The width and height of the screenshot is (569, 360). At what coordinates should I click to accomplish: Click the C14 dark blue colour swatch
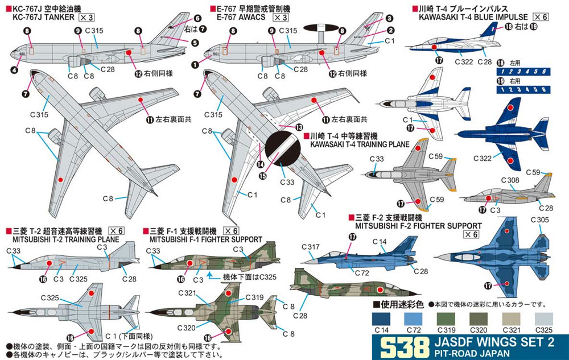click(381, 320)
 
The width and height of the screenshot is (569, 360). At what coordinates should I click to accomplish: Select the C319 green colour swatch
click(446, 320)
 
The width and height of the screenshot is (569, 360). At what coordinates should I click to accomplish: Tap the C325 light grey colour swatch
click(544, 320)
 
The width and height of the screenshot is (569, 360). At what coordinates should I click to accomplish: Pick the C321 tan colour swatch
click(512, 320)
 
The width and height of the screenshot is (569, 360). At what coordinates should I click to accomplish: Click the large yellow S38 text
click(402, 347)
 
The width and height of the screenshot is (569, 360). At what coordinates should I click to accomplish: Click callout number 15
click(262, 176)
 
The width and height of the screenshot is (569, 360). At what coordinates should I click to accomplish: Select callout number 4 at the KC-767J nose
click(14, 69)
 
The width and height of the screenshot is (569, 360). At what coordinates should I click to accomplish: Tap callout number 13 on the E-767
click(299, 127)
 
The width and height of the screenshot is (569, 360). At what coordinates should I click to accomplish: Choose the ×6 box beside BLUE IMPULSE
click(541, 17)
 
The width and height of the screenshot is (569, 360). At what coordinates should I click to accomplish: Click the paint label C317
click(311, 247)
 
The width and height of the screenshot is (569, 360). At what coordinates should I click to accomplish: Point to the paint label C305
click(539, 220)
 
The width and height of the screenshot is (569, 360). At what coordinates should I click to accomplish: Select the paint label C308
click(510, 180)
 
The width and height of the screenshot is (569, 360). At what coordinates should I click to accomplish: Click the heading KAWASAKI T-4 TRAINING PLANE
click(360, 144)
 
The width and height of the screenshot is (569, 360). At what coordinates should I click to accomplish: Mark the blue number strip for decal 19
click(523, 89)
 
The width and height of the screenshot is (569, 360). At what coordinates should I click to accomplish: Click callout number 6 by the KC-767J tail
click(197, 18)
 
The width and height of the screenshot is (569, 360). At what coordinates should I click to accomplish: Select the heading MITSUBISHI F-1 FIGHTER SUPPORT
click(206, 239)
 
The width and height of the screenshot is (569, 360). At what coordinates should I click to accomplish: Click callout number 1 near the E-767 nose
click(195, 65)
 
